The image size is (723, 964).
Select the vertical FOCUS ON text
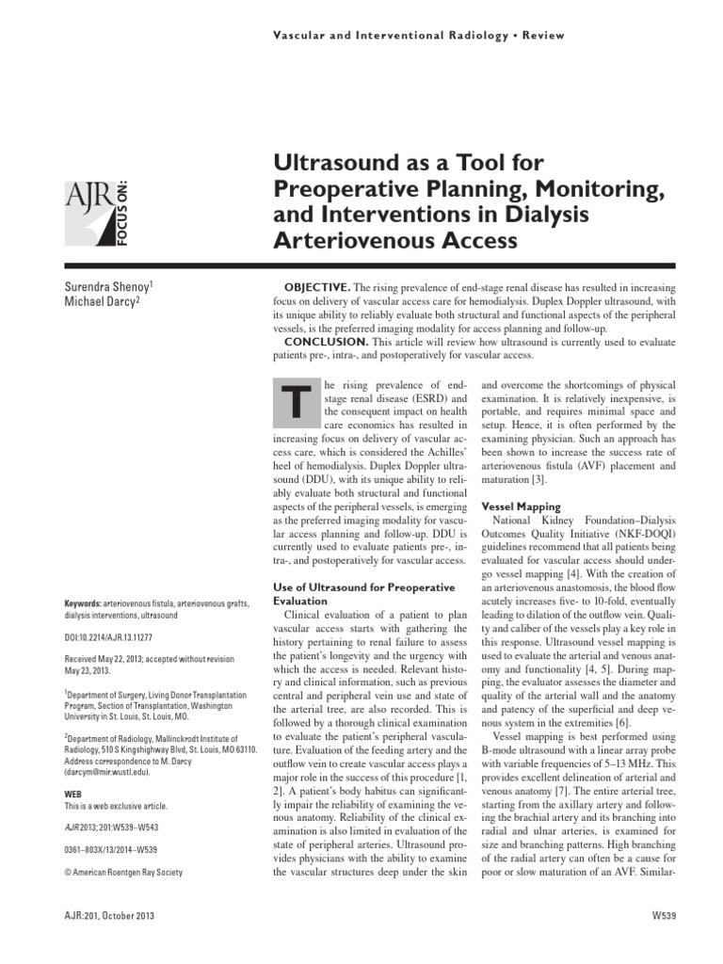(123, 210)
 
